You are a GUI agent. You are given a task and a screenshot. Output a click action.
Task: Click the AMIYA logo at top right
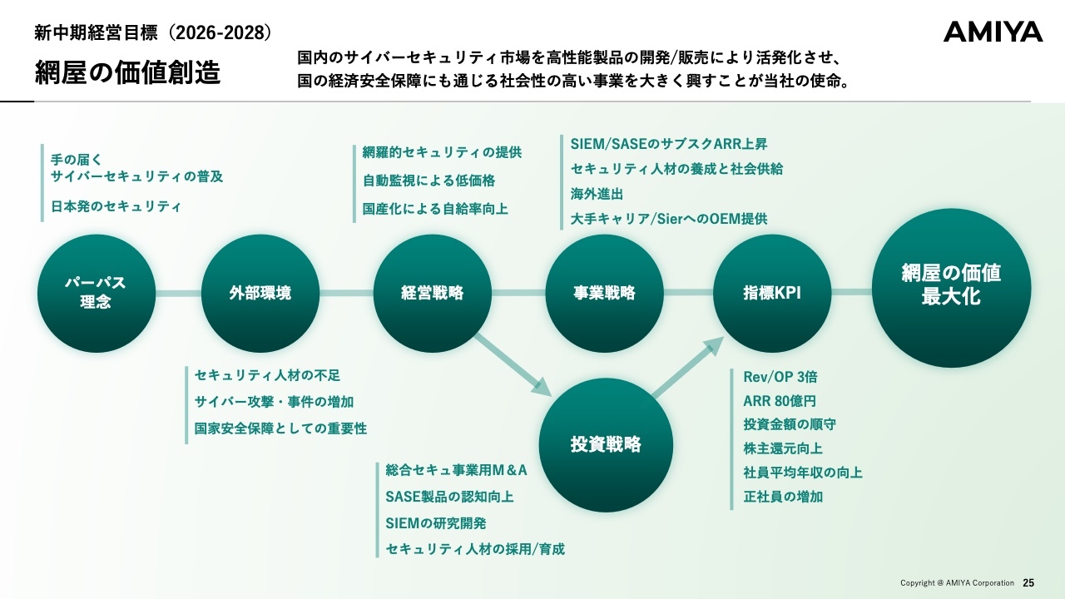click(993, 32)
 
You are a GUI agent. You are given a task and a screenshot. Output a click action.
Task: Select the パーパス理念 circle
click(96, 293)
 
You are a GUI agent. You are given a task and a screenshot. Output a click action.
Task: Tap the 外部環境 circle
click(260, 293)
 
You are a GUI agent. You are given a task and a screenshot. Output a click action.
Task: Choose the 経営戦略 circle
click(432, 293)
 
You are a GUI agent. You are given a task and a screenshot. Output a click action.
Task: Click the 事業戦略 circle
click(604, 293)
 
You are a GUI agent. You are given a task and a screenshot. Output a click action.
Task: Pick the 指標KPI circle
click(772, 293)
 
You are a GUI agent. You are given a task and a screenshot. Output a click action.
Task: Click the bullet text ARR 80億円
click(780, 401)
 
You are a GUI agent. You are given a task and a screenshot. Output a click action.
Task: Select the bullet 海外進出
click(597, 194)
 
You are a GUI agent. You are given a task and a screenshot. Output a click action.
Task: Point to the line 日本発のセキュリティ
click(116, 206)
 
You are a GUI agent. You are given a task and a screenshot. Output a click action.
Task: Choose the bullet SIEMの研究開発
click(436, 523)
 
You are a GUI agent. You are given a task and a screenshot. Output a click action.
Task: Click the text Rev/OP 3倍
click(780, 377)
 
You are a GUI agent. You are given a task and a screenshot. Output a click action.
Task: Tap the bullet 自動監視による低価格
click(428, 181)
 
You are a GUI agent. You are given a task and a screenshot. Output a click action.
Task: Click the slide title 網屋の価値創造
click(127, 72)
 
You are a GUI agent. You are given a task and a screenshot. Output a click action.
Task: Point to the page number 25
click(1028, 582)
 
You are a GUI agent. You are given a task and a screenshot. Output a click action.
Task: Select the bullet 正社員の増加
click(783, 497)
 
